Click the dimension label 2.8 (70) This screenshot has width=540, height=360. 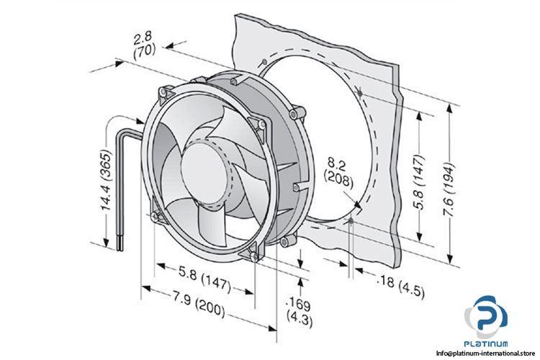point(143,43)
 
